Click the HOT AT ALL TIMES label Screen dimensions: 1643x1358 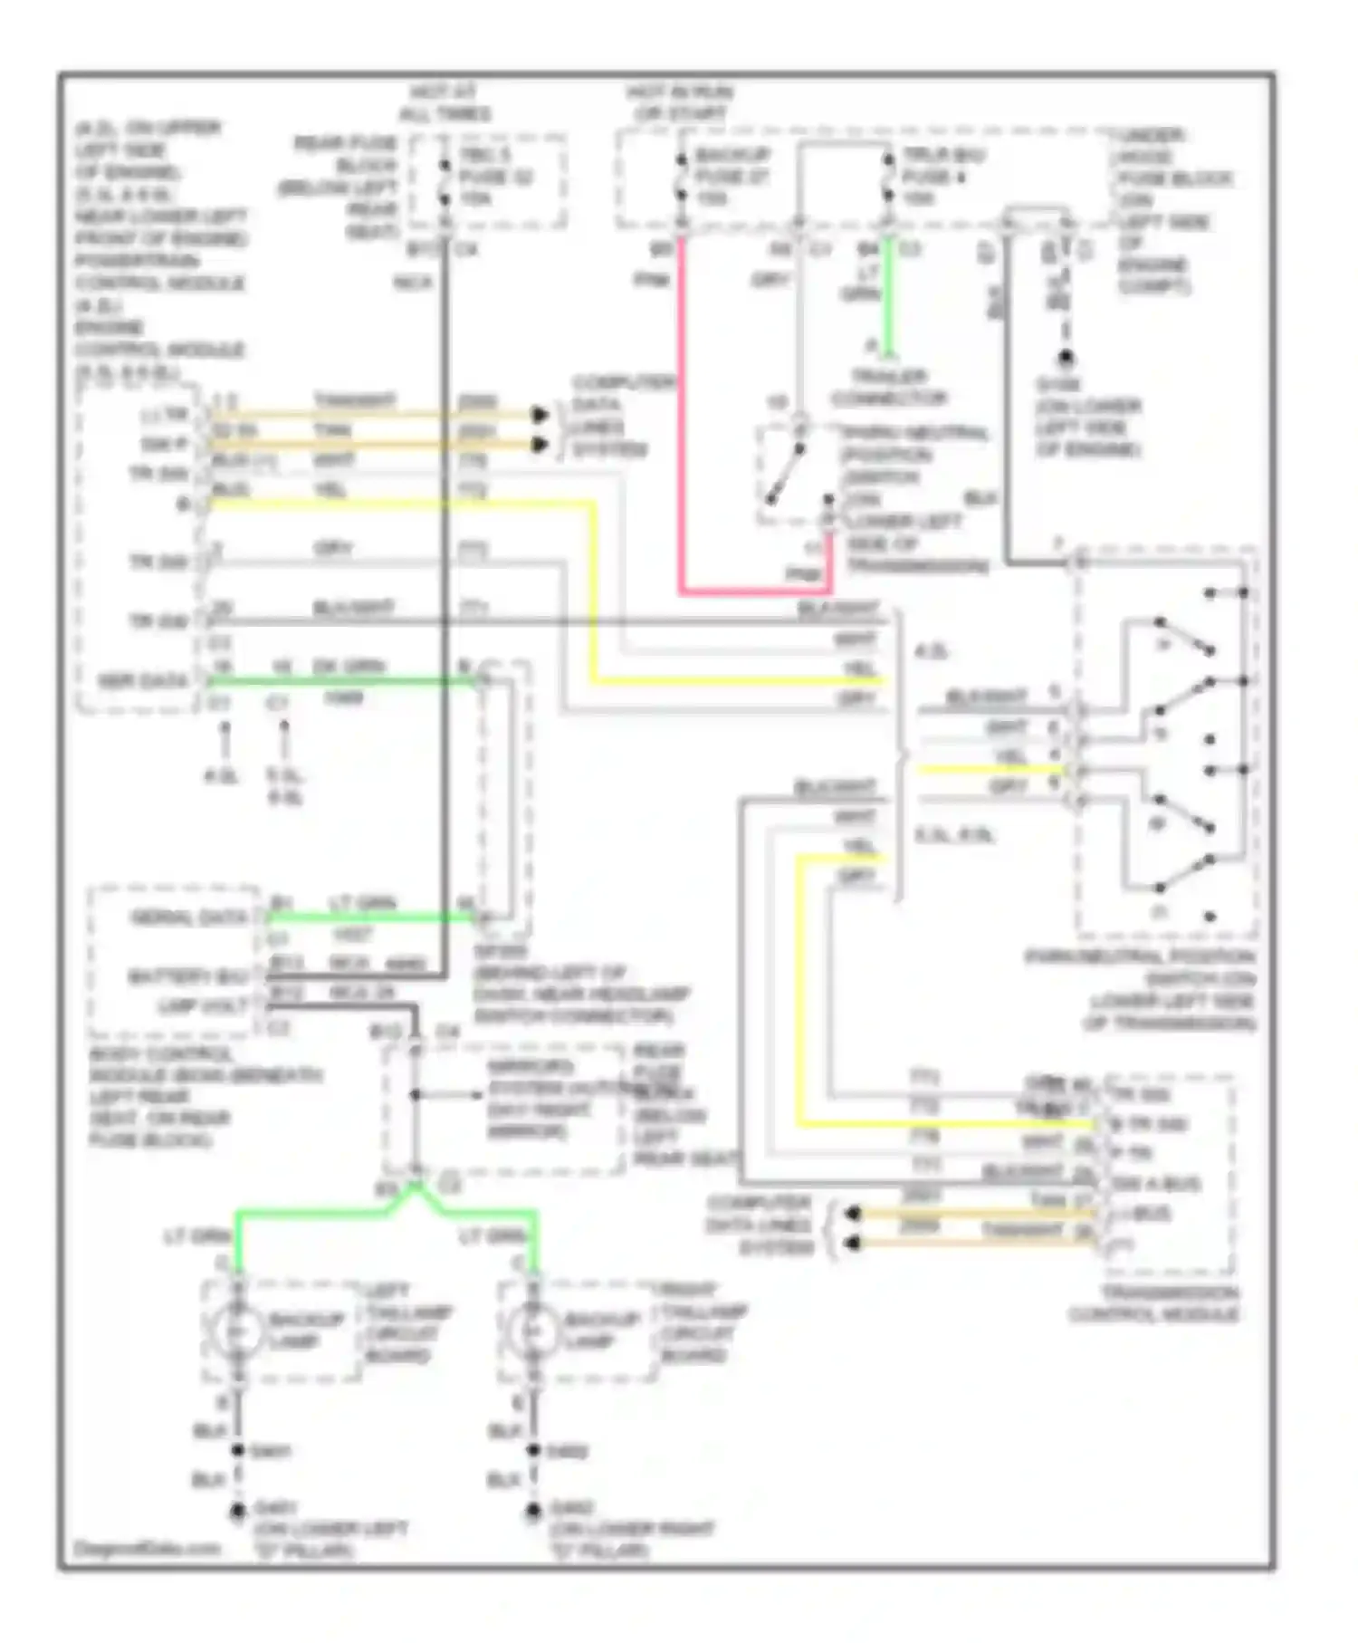pyautogui.click(x=445, y=103)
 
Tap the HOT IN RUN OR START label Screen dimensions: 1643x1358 pyautogui.click(x=680, y=103)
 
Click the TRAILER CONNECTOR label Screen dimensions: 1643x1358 pyautogui.click(x=888, y=388)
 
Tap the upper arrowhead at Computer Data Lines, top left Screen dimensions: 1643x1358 pyautogui.click(x=540, y=415)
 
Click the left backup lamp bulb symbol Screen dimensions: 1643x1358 pyautogui.click(x=236, y=1331)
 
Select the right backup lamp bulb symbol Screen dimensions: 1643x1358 pyautogui.click(x=532, y=1331)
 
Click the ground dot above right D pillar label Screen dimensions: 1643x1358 pyautogui.click(x=533, y=1509)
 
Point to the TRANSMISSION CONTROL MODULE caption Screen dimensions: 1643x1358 pyautogui.click(x=1153, y=1303)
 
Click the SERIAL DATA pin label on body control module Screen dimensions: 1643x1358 pyautogui.click(x=188, y=918)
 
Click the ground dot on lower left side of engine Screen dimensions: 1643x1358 pyautogui.click(x=1066, y=360)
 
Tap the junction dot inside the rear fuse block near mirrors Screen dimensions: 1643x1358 pyautogui.click(x=415, y=1094)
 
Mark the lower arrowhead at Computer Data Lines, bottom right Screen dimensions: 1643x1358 pyautogui.click(x=852, y=1243)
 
